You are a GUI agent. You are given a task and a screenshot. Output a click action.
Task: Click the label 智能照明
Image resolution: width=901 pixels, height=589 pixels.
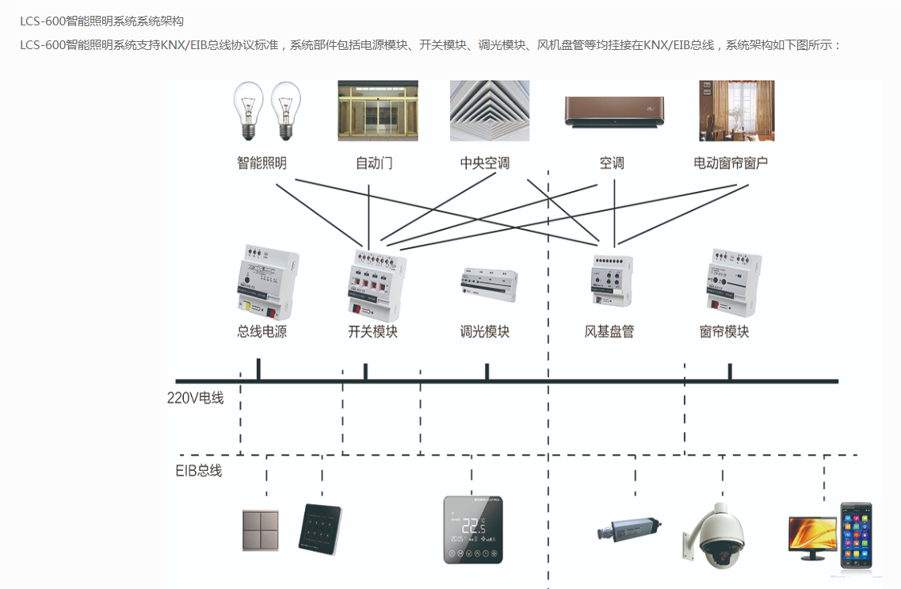[262, 163]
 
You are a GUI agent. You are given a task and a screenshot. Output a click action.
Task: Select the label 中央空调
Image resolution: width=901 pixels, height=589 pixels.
[485, 163]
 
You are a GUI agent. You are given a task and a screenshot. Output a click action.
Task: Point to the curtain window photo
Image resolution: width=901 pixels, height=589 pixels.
[736, 111]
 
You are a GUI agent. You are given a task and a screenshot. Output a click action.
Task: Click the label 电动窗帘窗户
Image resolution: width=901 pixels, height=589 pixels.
[731, 163]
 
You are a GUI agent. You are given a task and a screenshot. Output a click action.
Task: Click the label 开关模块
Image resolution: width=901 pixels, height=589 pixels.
[372, 332]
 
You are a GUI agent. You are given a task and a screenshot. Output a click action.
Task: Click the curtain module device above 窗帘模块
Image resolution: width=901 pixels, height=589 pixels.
[732, 282]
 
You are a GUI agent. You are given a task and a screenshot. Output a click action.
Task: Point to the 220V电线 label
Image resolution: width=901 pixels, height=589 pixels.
[195, 398]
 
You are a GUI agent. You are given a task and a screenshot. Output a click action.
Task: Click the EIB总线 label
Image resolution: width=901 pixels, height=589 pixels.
[199, 471]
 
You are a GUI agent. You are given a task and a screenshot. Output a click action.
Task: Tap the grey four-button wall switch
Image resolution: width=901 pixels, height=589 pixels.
[260, 530]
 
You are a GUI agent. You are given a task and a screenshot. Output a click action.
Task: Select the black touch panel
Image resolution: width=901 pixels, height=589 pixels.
[319, 530]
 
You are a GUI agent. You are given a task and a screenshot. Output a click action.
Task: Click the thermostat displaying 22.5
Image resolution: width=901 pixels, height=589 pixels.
[473, 530]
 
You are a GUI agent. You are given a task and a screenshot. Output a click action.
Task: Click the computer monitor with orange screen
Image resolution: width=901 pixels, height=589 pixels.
[813, 536]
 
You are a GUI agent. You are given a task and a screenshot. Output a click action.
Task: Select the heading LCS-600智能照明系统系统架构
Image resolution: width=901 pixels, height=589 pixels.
[101, 21]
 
